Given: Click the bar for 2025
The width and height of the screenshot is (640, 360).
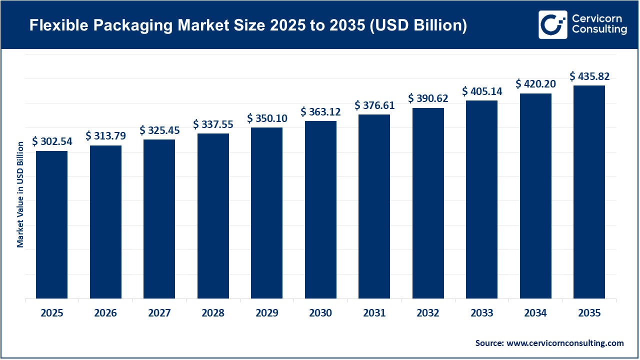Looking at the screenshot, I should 51,224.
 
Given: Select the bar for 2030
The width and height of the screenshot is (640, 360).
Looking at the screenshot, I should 320,209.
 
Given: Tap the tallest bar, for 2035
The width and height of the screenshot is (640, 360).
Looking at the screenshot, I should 589,192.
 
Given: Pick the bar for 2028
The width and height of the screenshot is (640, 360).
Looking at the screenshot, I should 213,216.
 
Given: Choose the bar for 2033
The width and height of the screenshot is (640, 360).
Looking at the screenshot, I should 481,199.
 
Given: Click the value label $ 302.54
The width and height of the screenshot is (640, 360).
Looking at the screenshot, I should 52,141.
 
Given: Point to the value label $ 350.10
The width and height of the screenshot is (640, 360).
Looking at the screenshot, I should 267,118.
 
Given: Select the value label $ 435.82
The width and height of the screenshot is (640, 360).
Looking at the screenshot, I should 589,76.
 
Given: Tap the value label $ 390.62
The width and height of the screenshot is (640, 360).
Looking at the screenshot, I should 428,98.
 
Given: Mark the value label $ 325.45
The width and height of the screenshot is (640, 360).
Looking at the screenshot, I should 159,130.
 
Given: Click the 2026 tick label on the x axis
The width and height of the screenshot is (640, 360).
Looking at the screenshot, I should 105,313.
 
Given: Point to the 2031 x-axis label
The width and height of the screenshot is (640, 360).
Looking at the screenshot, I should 374,313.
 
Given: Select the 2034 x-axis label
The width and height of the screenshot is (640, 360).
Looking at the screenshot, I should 535,313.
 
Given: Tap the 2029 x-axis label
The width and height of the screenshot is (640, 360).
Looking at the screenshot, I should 267,313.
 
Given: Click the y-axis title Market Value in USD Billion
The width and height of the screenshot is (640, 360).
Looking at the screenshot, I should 20,194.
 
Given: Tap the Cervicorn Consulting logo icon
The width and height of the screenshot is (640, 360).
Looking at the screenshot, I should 552,24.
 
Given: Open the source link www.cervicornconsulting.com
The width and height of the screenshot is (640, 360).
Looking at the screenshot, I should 565,343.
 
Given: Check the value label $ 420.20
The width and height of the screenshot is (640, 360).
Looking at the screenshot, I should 535,83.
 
